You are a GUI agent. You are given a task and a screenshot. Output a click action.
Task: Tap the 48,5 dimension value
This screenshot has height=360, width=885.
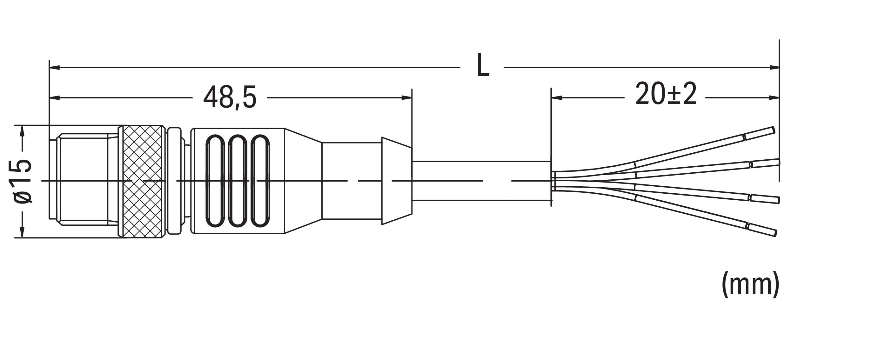click(x=230, y=97)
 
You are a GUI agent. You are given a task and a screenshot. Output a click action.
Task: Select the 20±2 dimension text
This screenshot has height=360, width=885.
click(x=666, y=94)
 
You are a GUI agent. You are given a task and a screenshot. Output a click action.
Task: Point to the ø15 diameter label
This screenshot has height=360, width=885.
click(x=23, y=181)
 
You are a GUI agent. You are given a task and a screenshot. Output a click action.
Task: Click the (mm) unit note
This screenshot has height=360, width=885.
click(x=751, y=284)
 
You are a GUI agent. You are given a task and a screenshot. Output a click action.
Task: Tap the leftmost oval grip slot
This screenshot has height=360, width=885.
click(x=215, y=181)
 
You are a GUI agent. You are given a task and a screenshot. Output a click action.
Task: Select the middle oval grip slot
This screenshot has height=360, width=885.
click(x=238, y=181)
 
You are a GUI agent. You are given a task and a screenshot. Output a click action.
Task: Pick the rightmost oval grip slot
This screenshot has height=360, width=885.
click(x=260, y=181)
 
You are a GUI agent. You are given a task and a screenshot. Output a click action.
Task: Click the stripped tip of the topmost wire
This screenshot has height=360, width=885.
click(x=758, y=133)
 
